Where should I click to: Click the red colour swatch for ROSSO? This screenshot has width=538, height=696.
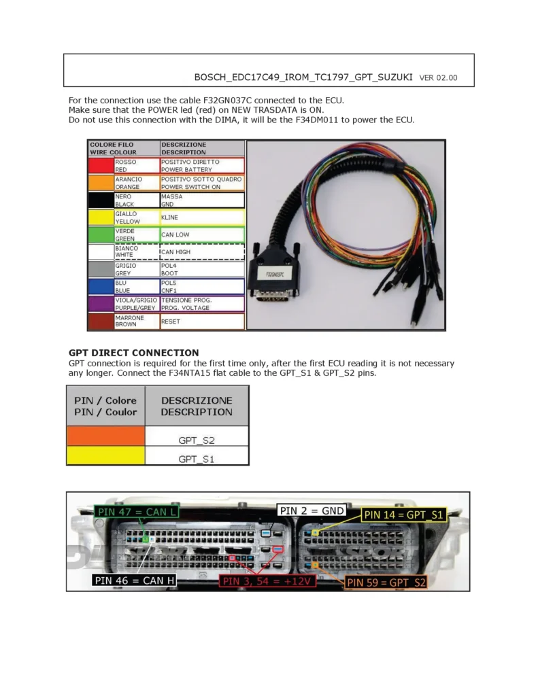tap(101, 166)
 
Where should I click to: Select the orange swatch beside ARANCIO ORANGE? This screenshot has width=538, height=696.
tap(101, 183)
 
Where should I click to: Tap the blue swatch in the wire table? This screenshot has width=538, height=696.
tap(101, 286)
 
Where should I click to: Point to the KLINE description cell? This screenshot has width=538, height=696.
tap(201, 217)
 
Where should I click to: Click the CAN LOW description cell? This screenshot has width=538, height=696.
tap(201, 234)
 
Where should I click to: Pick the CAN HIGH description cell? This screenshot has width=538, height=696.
tap(201, 251)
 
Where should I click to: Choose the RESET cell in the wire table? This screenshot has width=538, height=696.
tap(201, 321)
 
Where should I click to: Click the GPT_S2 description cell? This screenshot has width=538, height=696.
tap(197, 440)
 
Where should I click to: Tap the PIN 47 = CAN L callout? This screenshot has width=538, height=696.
tap(137, 511)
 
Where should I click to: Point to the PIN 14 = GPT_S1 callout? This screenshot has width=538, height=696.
tap(404, 515)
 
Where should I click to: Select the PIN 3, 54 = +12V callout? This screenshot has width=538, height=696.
tap(267, 581)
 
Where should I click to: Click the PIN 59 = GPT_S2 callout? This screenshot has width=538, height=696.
tap(386, 582)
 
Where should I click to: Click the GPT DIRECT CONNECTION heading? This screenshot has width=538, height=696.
tap(134, 353)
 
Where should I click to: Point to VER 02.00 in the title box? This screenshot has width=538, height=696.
tap(439, 77)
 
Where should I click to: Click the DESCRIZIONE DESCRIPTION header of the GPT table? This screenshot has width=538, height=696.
tap(197, 406)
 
